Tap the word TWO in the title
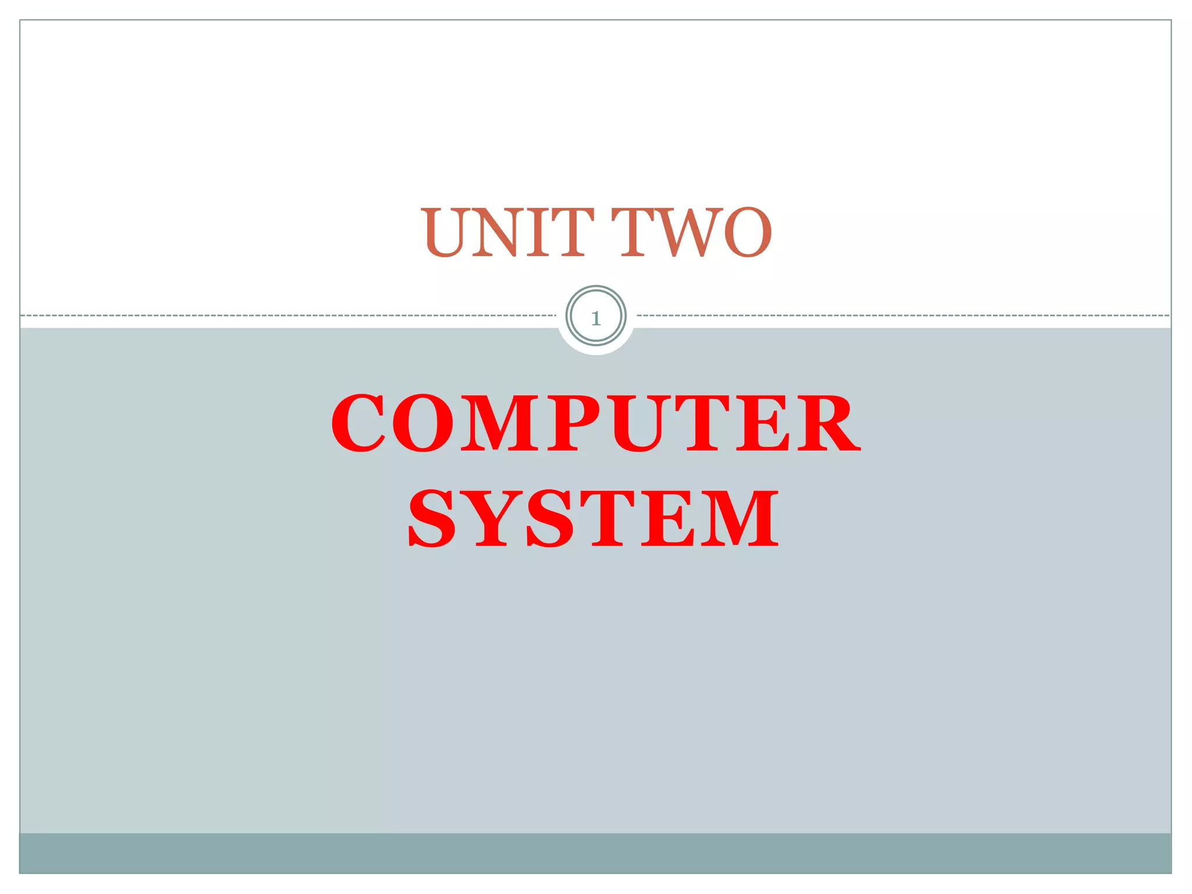[x=696, y=232]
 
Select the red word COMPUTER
[x=595, y=423]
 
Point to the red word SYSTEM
[x=593, y=519]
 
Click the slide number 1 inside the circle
[x=595, y=318]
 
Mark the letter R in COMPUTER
[x=829, y=423]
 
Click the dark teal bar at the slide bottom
[x=595, y=853]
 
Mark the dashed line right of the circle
[x=902, y=315]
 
